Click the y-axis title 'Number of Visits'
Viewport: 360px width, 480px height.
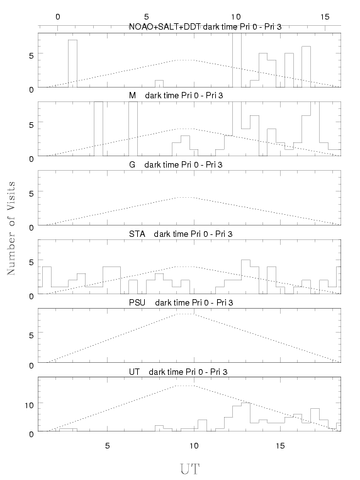pyautogui.click(x=11, y=228)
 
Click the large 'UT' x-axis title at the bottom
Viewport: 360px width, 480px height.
pyautogui.click(x=189, y=469)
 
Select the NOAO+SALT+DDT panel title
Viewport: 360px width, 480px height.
pyautogui.click(x=205, y=27)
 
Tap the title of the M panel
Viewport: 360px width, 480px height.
pyautogui.click(x=176, y=96)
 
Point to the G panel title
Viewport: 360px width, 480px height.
pyautogui.click(x=176, y=164)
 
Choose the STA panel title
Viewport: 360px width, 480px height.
pyautogui.click(x=181, y=234)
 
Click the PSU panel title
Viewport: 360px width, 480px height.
pyautogui.click(x=181, y=303)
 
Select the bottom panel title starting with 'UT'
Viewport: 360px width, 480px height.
pyautogui.click(x=178, y=372)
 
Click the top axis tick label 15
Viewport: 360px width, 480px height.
pyautogui.click(x=325, y=17)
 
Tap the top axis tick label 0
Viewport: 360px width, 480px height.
pyautogui.click(x=57, y=17)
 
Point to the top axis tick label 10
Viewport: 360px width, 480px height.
pyautogui.click(x=235, y=17)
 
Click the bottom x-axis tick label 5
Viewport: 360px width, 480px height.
pyautogui.click(x=107, y=446)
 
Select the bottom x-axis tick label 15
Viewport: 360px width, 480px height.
pyautogui.click(x=280, y=446)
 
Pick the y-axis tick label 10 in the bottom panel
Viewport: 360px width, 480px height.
pyautogui.click(x=29, y=406)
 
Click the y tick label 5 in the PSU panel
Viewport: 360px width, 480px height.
pyautogui.click(x=31, y=335)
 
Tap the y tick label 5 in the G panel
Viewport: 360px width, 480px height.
pyautogui.click(x=31, y=194)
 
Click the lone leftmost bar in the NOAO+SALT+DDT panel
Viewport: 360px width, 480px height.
pyautogui.click(x=72, y=64)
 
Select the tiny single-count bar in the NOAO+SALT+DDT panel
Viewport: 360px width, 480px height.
pyautogui.click(x=159, y=84)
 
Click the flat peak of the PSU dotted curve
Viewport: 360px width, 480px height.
pyautogui.click(x=185, y=314)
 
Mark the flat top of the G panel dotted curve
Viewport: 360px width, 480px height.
pyautogui.click(x=185, y=197)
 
